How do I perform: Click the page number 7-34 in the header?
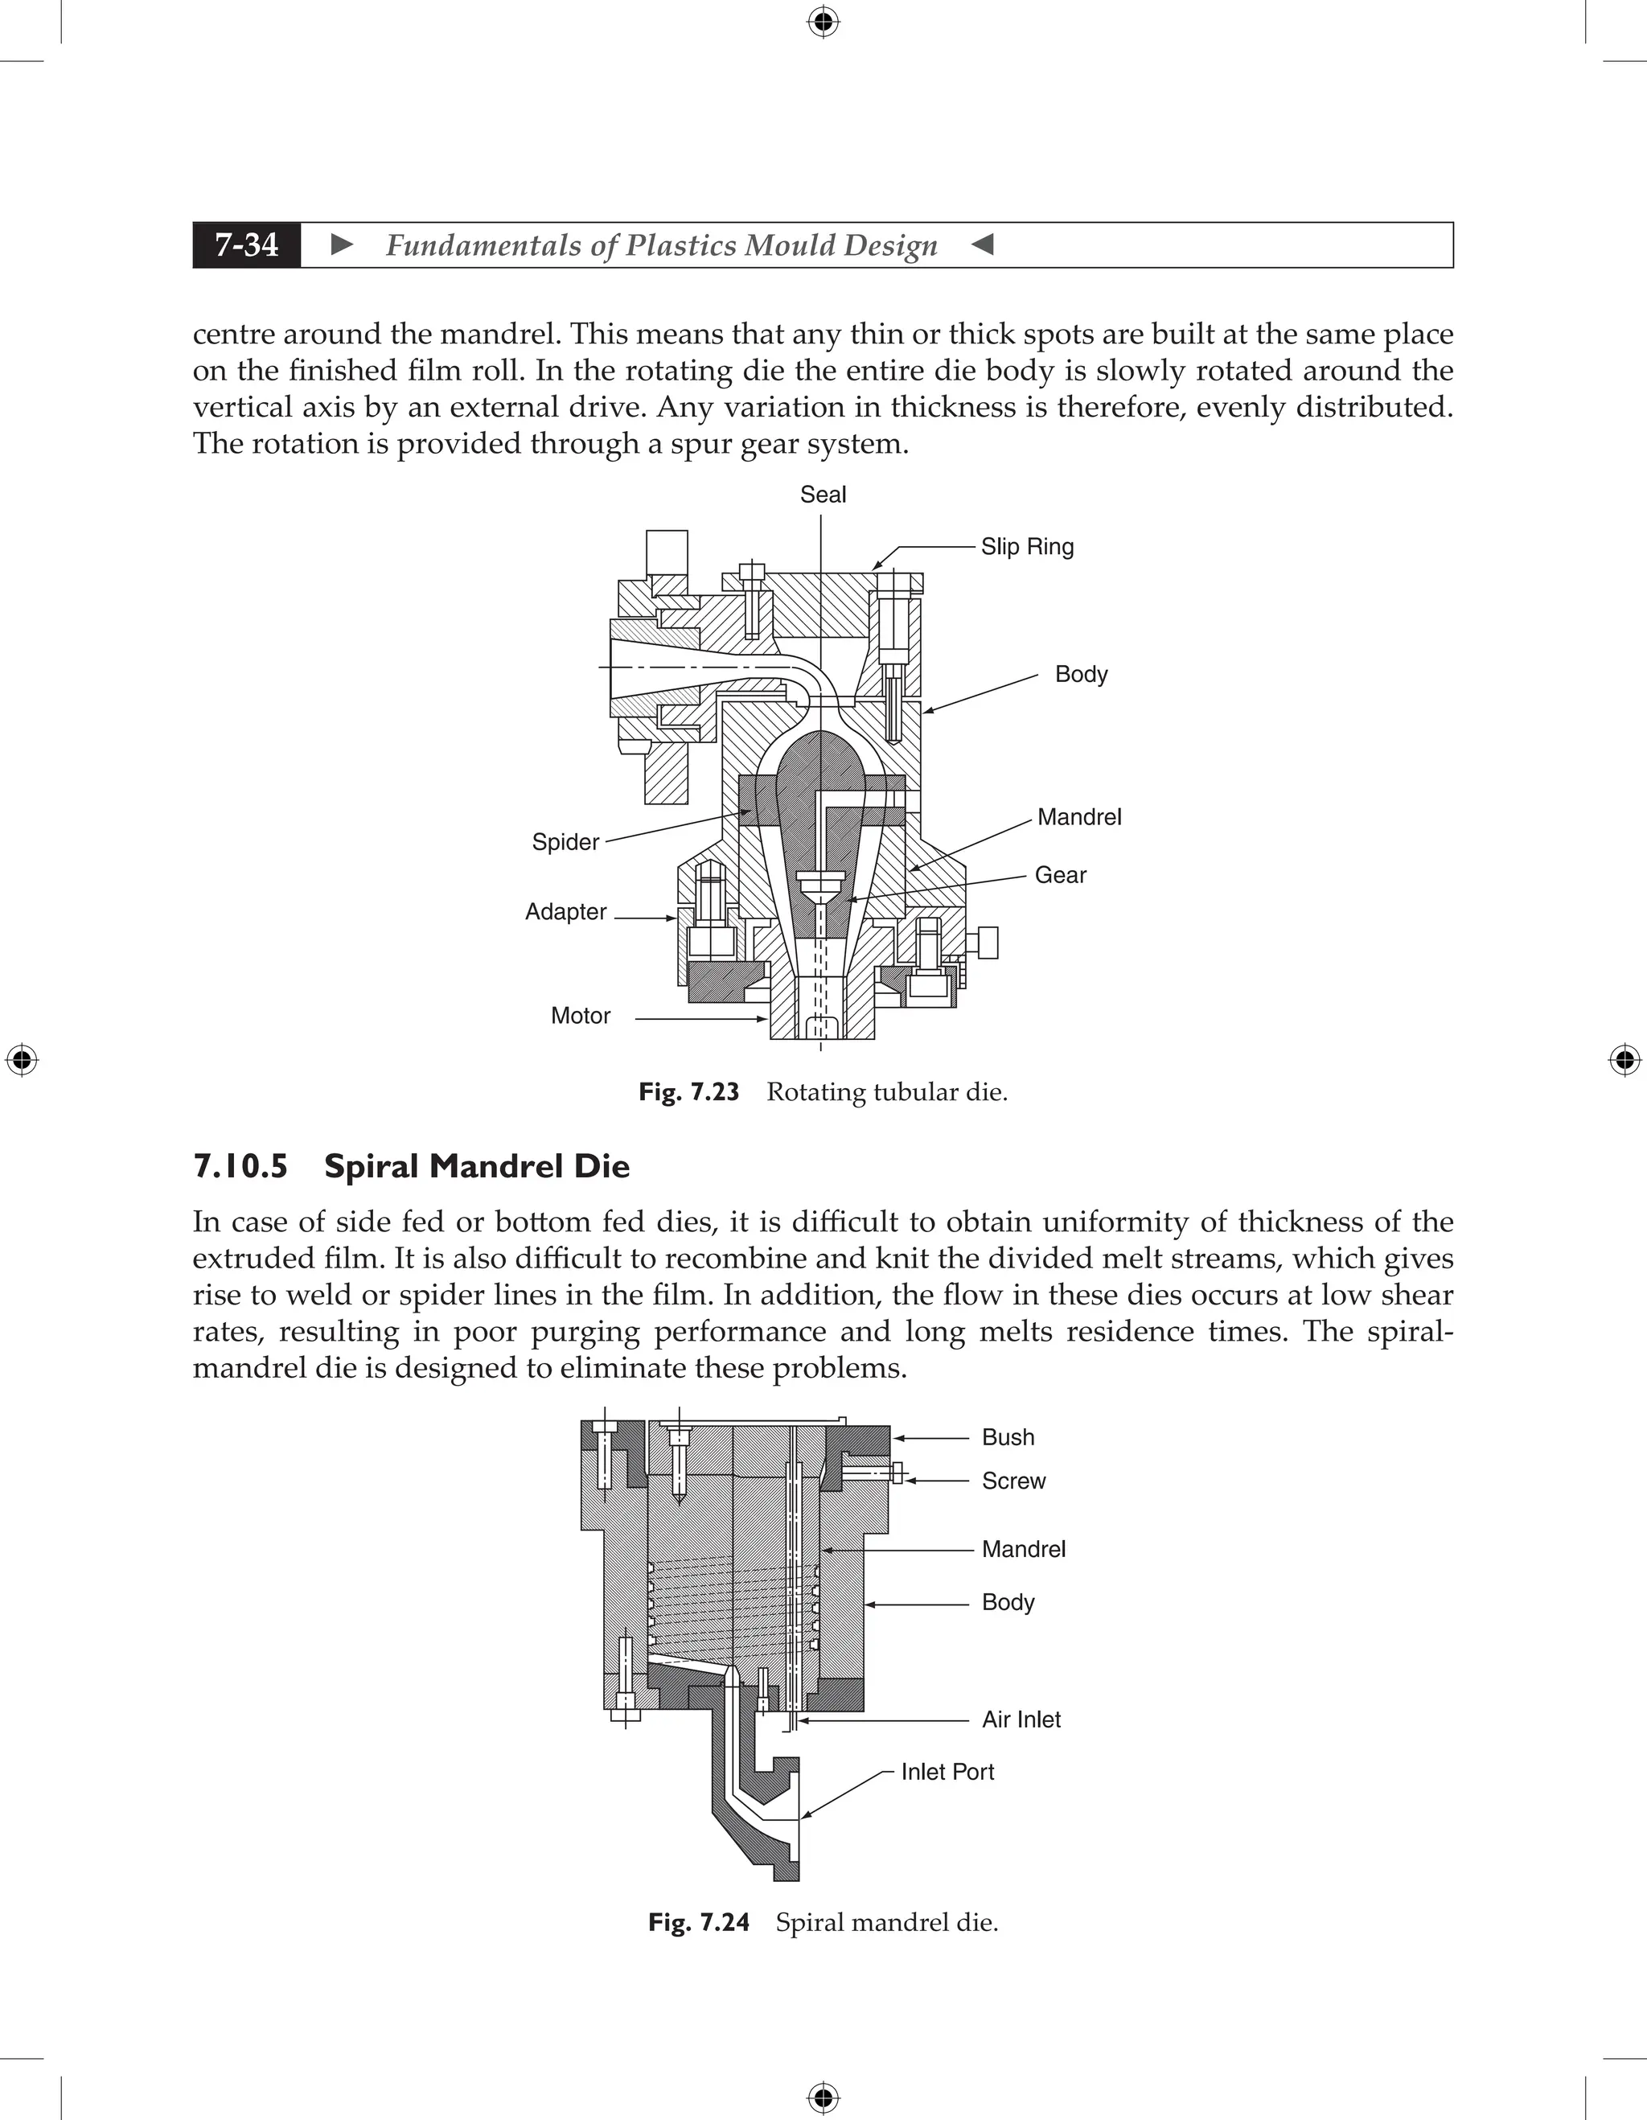tap(247, 244)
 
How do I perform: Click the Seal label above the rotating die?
tap(822, 495)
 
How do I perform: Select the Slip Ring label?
tap(1027, 547)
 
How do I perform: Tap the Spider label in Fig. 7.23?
tap(565, 841)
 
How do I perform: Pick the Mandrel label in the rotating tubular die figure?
tap(1078, 817)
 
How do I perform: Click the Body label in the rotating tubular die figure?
tap(1080, 674)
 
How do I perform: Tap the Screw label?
tap(1013, 1481)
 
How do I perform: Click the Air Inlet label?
tap(1021, 1719)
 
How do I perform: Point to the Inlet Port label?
tap(947, 1772)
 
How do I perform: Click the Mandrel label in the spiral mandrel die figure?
tap(1023, 1548)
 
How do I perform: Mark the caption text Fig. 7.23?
tap(689, 1092)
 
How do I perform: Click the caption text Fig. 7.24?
tap(699, 1922)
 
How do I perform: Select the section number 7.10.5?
tap(240, 1166)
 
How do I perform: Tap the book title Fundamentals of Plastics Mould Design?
tap(661, 244)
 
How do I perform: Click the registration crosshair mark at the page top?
tap(823, 22)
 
